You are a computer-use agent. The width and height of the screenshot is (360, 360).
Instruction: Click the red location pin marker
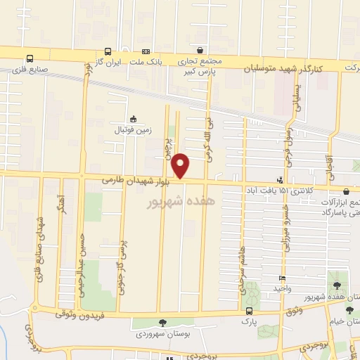click(x=181, y=165)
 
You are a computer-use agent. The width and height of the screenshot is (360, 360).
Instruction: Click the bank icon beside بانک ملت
click(x=146, y=51)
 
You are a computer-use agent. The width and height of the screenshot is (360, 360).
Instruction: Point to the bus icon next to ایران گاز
click(x=108, y=51)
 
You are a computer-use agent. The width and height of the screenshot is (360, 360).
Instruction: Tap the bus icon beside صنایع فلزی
click(x=30, y=58)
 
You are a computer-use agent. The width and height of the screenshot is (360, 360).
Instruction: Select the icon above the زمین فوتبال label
click(x=133, y=119)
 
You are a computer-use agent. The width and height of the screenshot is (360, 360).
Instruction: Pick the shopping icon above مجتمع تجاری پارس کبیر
click(x=201, y=51)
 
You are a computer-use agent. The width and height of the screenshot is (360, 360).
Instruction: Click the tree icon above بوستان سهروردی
click(x=163, y=323)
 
